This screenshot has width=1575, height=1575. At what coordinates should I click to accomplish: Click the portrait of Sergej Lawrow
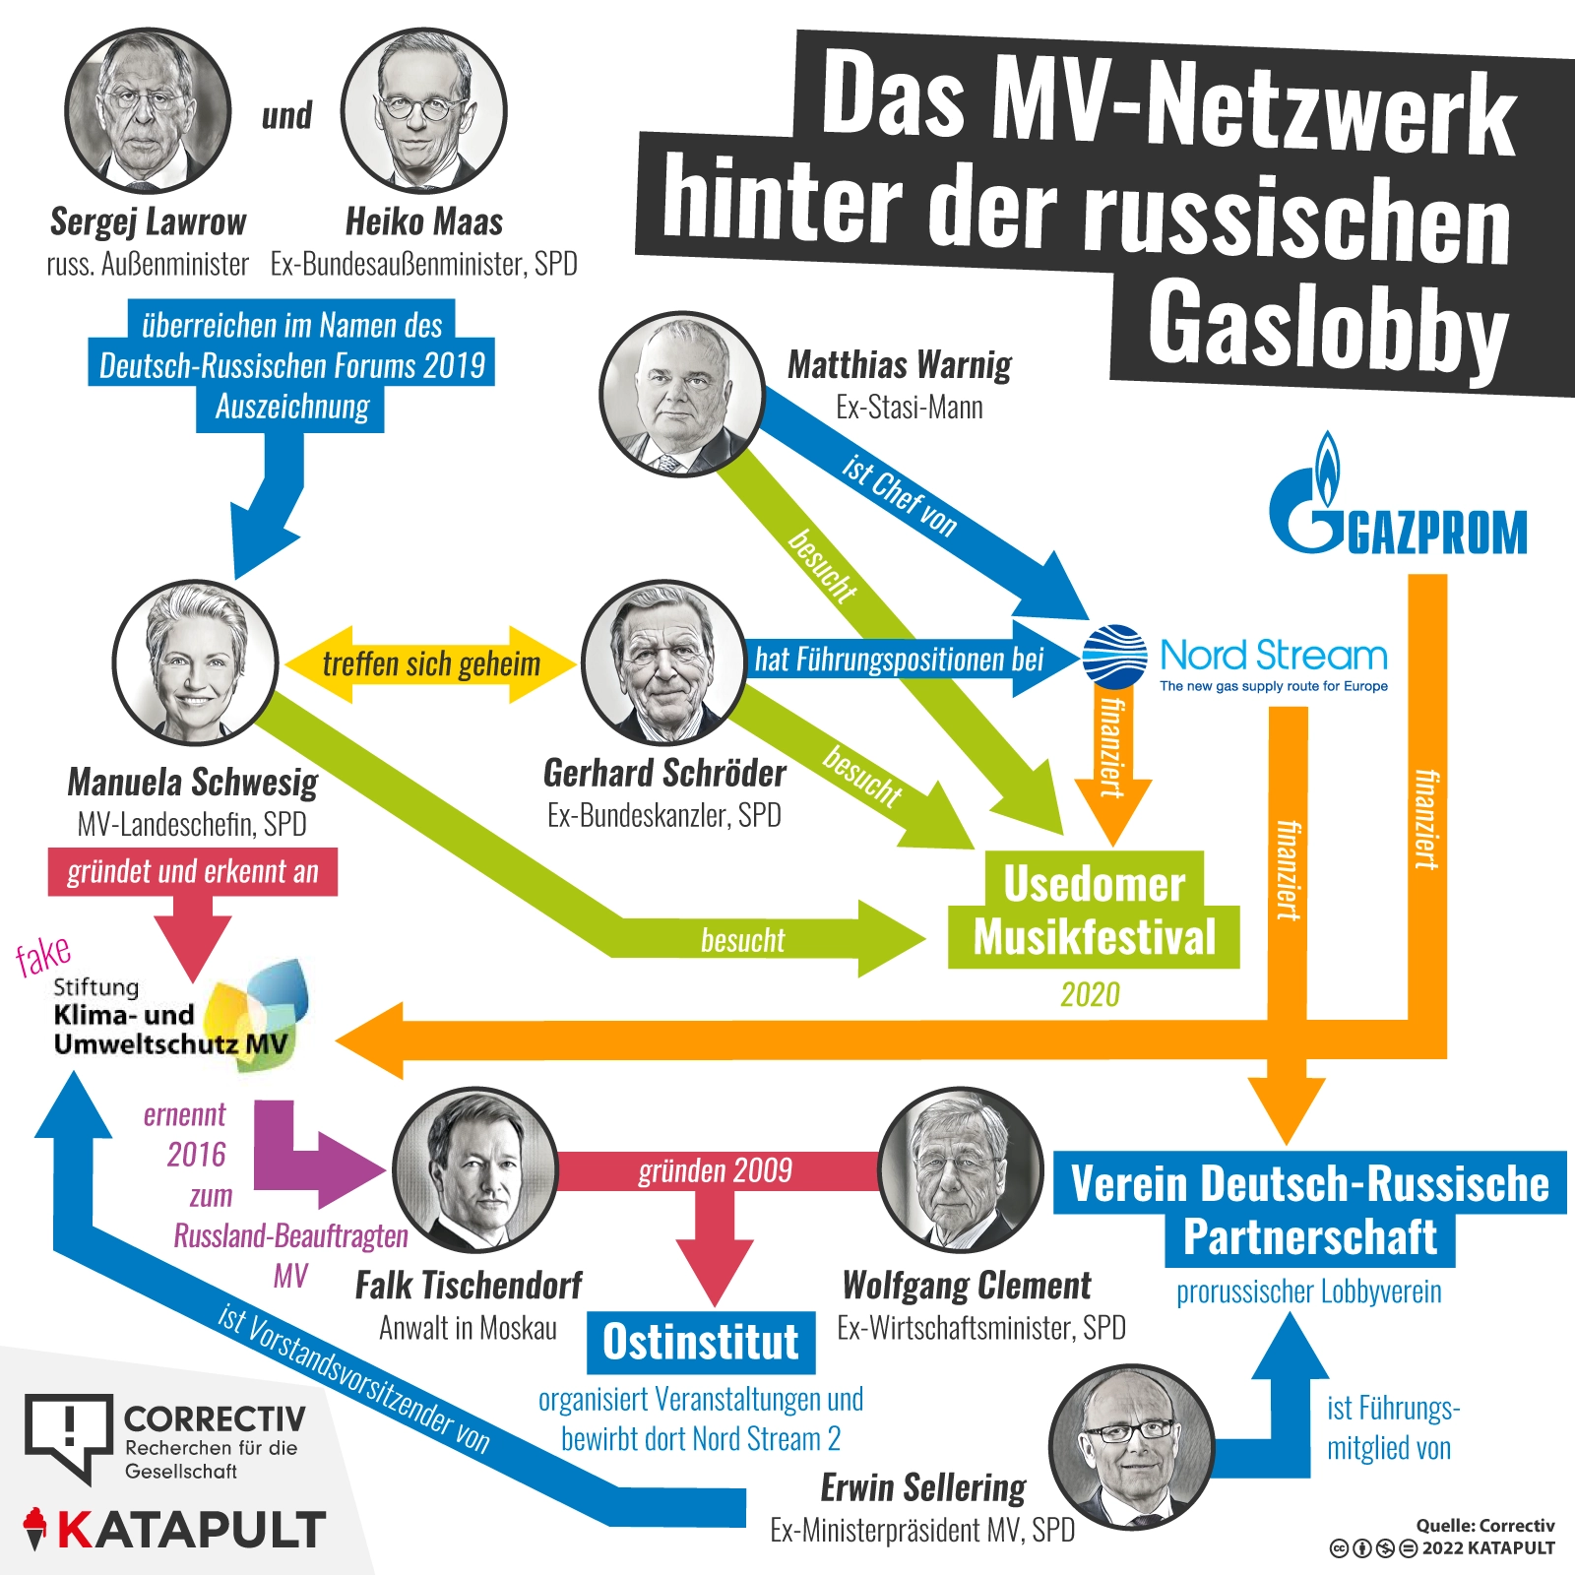pyautogui.click(x=148, y=109)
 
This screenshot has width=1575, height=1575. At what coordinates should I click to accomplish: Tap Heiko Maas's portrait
pyautogui.click(x=424, y=109)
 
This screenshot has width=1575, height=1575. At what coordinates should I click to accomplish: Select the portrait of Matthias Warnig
pyautogui.click(x=682, y=395)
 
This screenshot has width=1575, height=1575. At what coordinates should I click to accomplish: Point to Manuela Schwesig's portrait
pyautogui.click(x=196, y=661)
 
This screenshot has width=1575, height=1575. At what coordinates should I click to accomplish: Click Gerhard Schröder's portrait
pyautogui.click(x=664, y=661)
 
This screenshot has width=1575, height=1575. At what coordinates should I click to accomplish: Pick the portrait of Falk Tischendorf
pyautogui.click(x=475, y=1169)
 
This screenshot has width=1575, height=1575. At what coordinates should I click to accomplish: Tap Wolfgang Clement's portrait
pyautogui.click(x=961, y=1169)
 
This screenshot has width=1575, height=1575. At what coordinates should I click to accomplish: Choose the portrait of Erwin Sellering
pyautogui.click(x=1132, y=1446)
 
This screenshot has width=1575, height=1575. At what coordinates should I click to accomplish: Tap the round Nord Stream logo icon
pyautogui.click(x=1114, y=657)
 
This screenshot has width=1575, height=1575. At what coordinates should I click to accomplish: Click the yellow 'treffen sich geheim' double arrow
pyautogui.click(x=431, y=664)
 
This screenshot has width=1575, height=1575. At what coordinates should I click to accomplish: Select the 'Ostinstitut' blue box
pyautogui.click(x=701, y=1342)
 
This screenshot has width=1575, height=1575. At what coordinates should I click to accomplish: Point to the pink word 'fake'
pyautogui.click(x=43, y=955)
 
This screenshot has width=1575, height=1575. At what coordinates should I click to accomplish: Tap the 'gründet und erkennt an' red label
pyautogui.click(x=193, y=871)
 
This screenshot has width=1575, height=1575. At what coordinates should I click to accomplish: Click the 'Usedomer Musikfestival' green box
pyautogui.click(x=1094, y=910)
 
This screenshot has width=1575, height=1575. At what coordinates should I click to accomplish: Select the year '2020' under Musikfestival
pyautogui.click(x=1090, y=994)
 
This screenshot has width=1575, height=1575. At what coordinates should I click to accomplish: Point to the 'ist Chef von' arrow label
pyautogui.click(x=899, y=495)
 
